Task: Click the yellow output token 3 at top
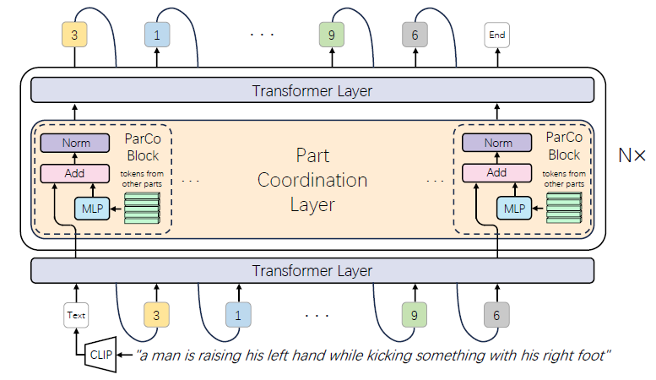tap(75, 35)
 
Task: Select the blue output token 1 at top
tap(157, 35)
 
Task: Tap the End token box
tap(496, 35)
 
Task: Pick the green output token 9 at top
tap(332, 35)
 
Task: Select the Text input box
tap(76, 315)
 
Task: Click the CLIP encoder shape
tap(100, 355)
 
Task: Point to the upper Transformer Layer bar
tap(312, 90)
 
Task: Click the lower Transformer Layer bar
tap(312, 271)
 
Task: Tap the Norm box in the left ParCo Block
tap(76, 144)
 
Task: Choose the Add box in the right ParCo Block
tap(496, 173)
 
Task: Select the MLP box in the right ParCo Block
tap(512, 208)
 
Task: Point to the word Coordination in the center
tap(312, 181)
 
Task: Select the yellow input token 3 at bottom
tap(157, 315)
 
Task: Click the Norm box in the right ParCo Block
tap(496, 144)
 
